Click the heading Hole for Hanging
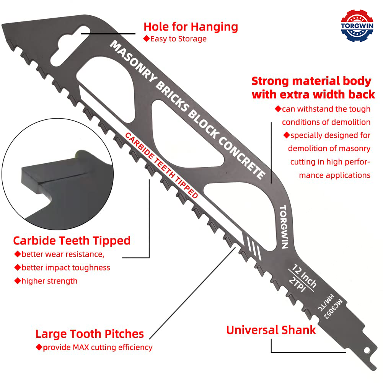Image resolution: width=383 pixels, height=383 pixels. (x=191, y=27)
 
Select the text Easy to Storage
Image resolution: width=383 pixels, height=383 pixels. (x=178, y=39)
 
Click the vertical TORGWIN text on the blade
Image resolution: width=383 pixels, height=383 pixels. (x=284, y=227)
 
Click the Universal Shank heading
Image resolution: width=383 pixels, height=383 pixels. (x=271, y=330)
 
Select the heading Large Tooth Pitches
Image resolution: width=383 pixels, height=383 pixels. (x=90, y=334)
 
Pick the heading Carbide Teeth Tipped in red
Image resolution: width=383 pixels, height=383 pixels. (x=72, y=240)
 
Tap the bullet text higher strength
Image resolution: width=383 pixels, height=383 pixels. (x=49, y=281)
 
